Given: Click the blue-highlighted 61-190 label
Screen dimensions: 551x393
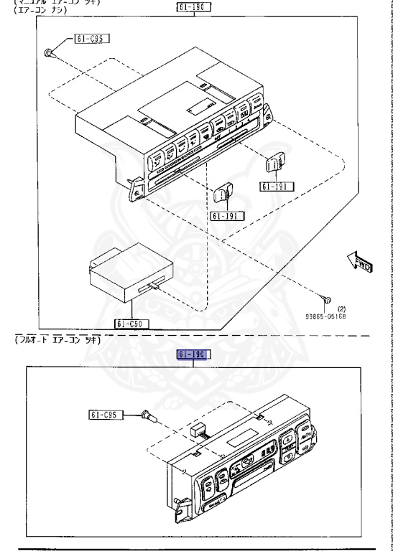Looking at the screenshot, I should point(192,354).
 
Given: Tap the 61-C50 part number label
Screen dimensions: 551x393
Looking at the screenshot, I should point(129,324).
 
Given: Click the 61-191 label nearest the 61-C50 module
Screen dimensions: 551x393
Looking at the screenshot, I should point(227,215).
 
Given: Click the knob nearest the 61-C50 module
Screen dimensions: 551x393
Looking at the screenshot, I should point(223,192).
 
